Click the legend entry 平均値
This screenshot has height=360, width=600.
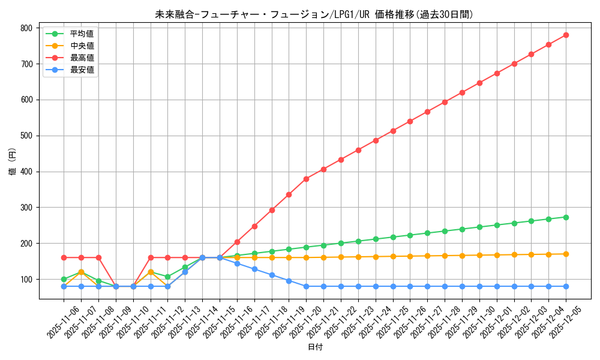click(x=82, y=34)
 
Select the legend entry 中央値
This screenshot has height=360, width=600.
click(x=82, y=46)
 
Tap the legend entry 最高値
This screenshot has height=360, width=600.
click(x=82, y=58)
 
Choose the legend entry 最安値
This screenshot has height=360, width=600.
click(x=82, y=70)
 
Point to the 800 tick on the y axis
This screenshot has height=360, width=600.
click(x=26, y=28)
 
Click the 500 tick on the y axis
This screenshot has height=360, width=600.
click(x=26, y=136)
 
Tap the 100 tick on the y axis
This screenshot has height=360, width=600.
click(x=26, y=280)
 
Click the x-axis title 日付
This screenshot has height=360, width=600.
click(x=315, y=347)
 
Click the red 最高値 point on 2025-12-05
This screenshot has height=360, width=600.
click(x=566, y=35)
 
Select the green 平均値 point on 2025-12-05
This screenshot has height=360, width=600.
click(x=566, y=217)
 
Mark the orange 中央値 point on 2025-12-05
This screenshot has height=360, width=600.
click(x=566, y=254)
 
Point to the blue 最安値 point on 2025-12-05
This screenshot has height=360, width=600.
click(x=566, y=286)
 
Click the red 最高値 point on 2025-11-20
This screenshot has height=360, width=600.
click(x=306, y=179)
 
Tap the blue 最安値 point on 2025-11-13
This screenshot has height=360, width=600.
click(x=185, y=272)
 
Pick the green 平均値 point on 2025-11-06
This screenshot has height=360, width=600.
click(x=64, y=279)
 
